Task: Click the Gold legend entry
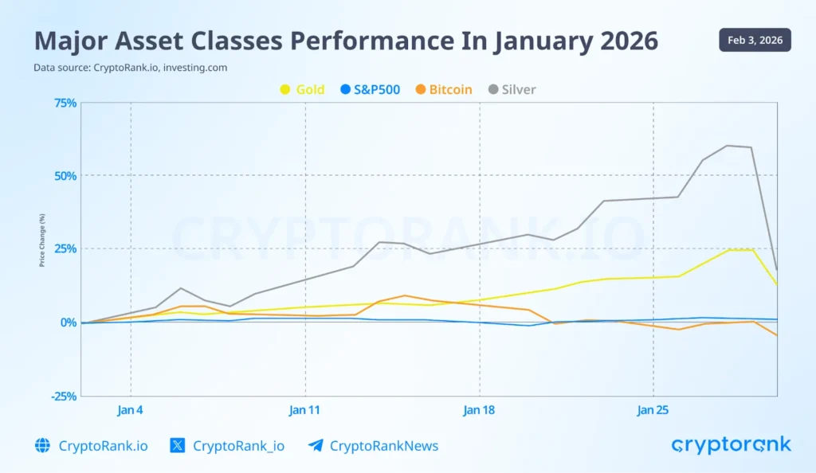click(x=302, y=89)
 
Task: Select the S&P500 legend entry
click(x=370, y=89)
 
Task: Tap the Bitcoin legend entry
click(x=443, y=89)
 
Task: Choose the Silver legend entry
click(x=512, y=89)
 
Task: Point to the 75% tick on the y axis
click(x=65, y=103)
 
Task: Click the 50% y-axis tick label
click(x=65, y=175)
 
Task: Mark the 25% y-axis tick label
click(x=65, y=248)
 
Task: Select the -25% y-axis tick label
click(x=64, y=396)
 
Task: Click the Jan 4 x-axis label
click(x=131, y=410)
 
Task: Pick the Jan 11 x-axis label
click(x=305, y=410)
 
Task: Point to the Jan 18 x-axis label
click(x=479, y=410)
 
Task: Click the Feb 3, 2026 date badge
click(x=755, y=40)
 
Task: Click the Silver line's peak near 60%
click(x=727, y=146)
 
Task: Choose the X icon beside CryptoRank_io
click(x=178, y=446)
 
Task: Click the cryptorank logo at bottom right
click(x=731, y=444)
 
